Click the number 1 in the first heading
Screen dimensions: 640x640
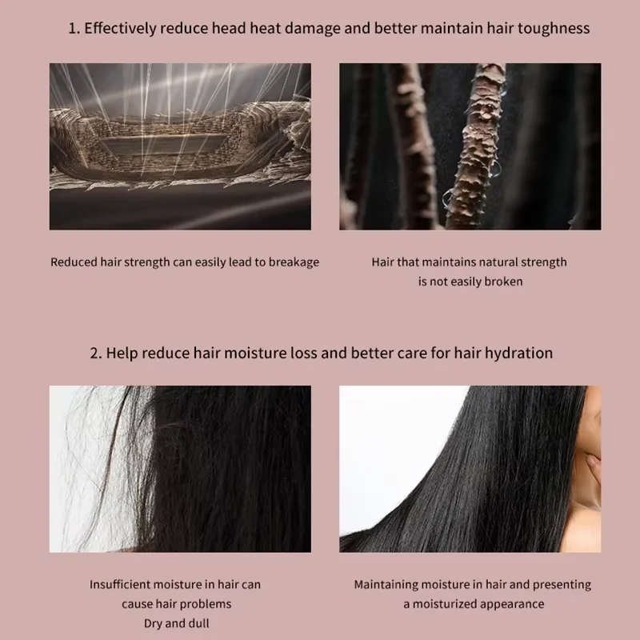point(71,29)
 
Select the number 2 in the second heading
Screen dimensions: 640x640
point(93,353)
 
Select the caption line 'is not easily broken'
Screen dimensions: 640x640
point(470,282)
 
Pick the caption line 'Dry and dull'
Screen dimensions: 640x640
point(176,623)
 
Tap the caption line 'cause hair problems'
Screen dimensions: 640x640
point(176,604)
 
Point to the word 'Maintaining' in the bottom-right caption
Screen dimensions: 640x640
point(390,585)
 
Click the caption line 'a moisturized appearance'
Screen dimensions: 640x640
point(474,604)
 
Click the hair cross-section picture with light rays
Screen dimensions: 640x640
point(180,146)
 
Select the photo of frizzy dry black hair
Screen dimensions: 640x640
point(180,469)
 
